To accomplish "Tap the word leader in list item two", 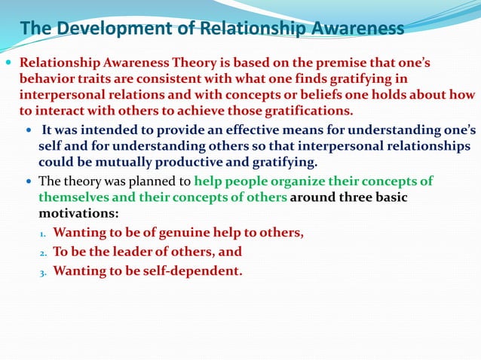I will point(133,252).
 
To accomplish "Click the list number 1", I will point(44,234).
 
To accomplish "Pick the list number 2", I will point(44,253).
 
